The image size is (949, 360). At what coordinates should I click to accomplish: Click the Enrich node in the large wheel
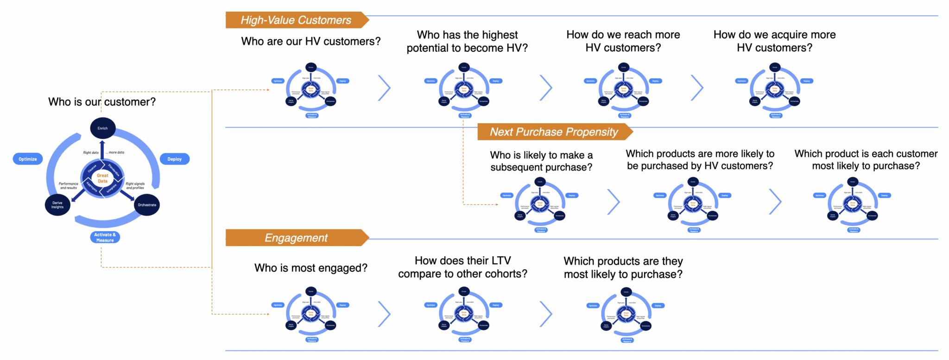pyautogui.click(x=102, y=128)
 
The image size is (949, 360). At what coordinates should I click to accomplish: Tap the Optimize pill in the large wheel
pyautogui.click(x=28, y=159)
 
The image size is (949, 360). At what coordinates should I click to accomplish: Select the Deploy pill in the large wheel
pyautogui.click(x=174, y=159)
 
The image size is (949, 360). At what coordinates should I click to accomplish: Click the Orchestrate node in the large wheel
pyautogui.click(x=147, y=205)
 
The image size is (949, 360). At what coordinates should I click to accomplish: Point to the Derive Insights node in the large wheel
pyautogui.click(x=57, y=205)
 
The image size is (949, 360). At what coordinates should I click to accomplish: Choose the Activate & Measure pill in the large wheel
pyautogui.click(x=105, y=237)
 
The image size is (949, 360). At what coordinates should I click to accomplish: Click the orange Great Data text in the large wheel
pyautogui.click(x=102, y=178)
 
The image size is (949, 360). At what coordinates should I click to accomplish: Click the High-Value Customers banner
pyautogui.click(x=296, y=20)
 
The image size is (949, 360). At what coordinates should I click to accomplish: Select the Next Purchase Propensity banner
pyautogui.click(x=554, y=132)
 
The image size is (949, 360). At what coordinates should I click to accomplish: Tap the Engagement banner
pyautogui.click(x=296, y=238)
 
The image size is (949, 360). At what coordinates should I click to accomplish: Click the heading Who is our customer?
pyautogui.click(x=102, y=102)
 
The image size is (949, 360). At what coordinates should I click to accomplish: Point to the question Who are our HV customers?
pyautogui.click(x=310, y=41)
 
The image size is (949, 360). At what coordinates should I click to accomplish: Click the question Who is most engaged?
pyautogui.click(x=310, y=268)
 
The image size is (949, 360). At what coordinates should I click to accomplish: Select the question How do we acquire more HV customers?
pyautogui.click(x=774, y=41)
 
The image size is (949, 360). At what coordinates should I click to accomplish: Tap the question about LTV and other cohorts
pyautogui.click(x=462, y=267)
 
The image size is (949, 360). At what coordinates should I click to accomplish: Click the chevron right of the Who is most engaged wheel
pyautogui.click(x=385, y=314)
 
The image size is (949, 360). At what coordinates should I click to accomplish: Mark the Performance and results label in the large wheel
pyautogui.click(x=69, y=186)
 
